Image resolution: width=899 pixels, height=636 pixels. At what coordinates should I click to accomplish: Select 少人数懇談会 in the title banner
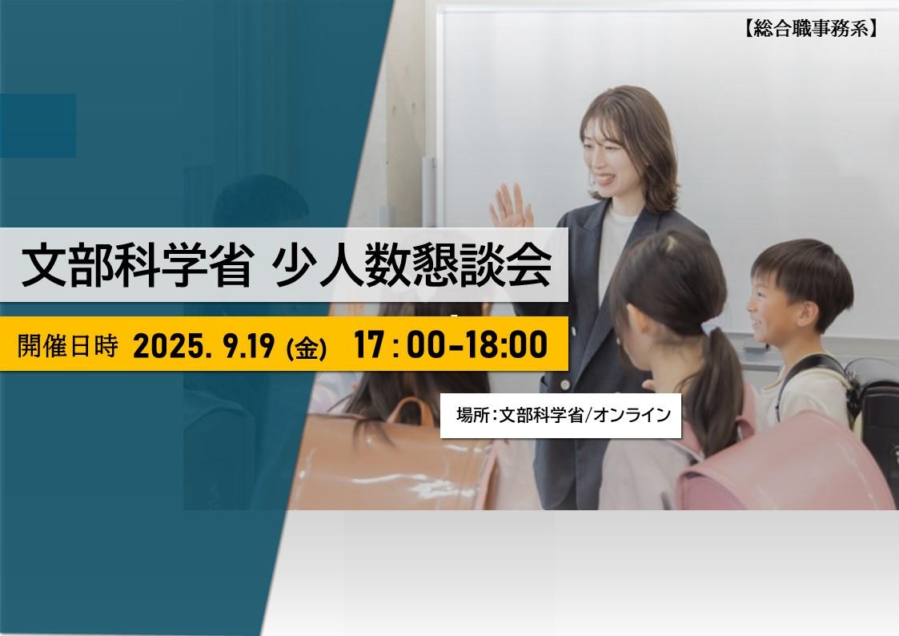tap(411, 266)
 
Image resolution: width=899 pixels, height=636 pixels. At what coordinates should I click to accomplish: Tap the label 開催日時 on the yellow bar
tap(68, 345)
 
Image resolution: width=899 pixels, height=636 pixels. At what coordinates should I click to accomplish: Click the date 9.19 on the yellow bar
tap(250, 346)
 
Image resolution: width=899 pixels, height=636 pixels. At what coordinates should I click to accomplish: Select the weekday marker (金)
tap(306, 348)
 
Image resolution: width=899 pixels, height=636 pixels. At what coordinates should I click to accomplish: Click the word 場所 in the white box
tap(473, 415)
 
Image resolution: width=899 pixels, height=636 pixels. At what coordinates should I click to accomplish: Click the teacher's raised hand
tap(509, 207)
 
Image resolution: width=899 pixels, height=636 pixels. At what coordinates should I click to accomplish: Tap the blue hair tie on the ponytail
tap(711, 328)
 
